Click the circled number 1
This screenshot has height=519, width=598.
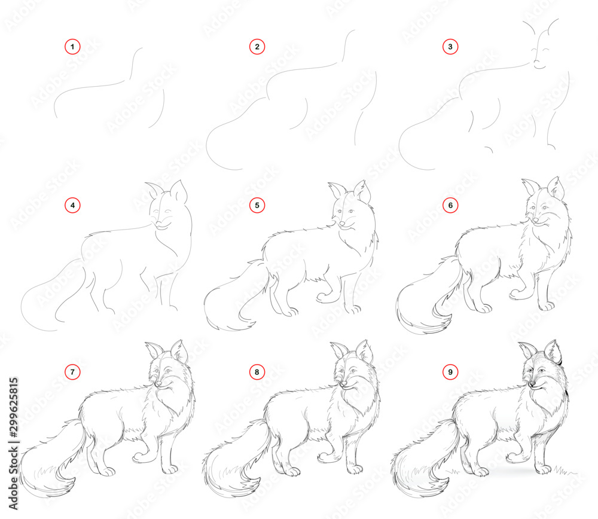click(72, 47)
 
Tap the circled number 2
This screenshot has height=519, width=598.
click(257, 47)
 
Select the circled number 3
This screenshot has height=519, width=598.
click(450, 47)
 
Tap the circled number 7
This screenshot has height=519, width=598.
click(72, 372)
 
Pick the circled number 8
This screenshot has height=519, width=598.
click(257, 372)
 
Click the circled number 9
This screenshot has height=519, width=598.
click(450, 372)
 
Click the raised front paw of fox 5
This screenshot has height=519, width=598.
click(322, 296)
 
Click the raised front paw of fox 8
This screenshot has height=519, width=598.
click(322, 457)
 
